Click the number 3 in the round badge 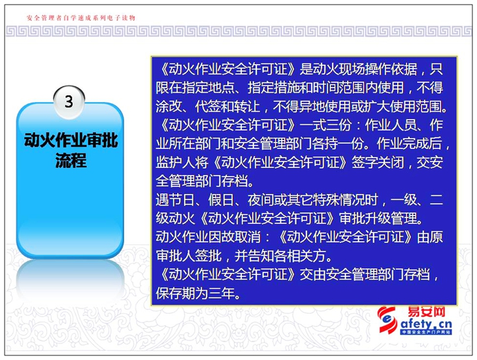click(69, 101)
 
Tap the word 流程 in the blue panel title click(71, 160)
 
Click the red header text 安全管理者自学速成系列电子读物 click(81, 18)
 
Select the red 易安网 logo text click(427, 312)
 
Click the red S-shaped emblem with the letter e click(387, 320)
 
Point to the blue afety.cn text click(426, 324)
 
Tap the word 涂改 click(169, 106)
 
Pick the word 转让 click(248, 106)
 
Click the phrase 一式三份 click(326, 125)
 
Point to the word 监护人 click(176, 163)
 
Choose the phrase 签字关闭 click(378, 163)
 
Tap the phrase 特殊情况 click(339, 200)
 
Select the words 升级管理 click(391, 218)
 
